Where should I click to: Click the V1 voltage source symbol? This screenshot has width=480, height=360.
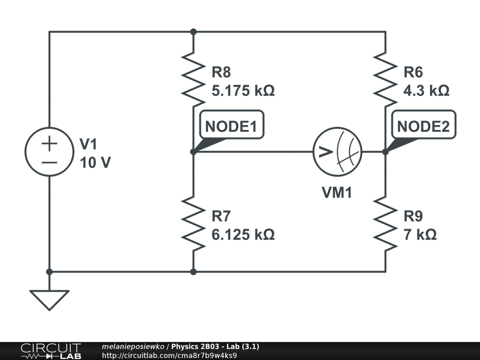[49, 152]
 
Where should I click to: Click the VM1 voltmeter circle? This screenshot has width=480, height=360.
[337, 152]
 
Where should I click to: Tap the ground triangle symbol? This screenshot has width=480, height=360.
[49, 299]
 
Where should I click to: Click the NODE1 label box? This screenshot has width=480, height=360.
[232, 126]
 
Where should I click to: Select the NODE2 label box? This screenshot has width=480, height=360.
[423, 126]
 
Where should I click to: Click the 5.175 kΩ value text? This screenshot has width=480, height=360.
[243, 90]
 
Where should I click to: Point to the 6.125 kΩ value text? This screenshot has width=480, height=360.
[243, 234]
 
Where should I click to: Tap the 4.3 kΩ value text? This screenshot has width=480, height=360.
[426, 90]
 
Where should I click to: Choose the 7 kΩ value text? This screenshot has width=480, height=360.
[420, 234]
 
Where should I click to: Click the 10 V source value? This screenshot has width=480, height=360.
[96, 163]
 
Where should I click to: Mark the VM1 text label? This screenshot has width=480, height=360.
[337, 193]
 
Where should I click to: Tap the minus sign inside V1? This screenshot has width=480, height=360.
[49, 163]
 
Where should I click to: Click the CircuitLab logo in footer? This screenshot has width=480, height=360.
[51, 351]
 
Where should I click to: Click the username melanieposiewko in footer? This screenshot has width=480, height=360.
[133, 346]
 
